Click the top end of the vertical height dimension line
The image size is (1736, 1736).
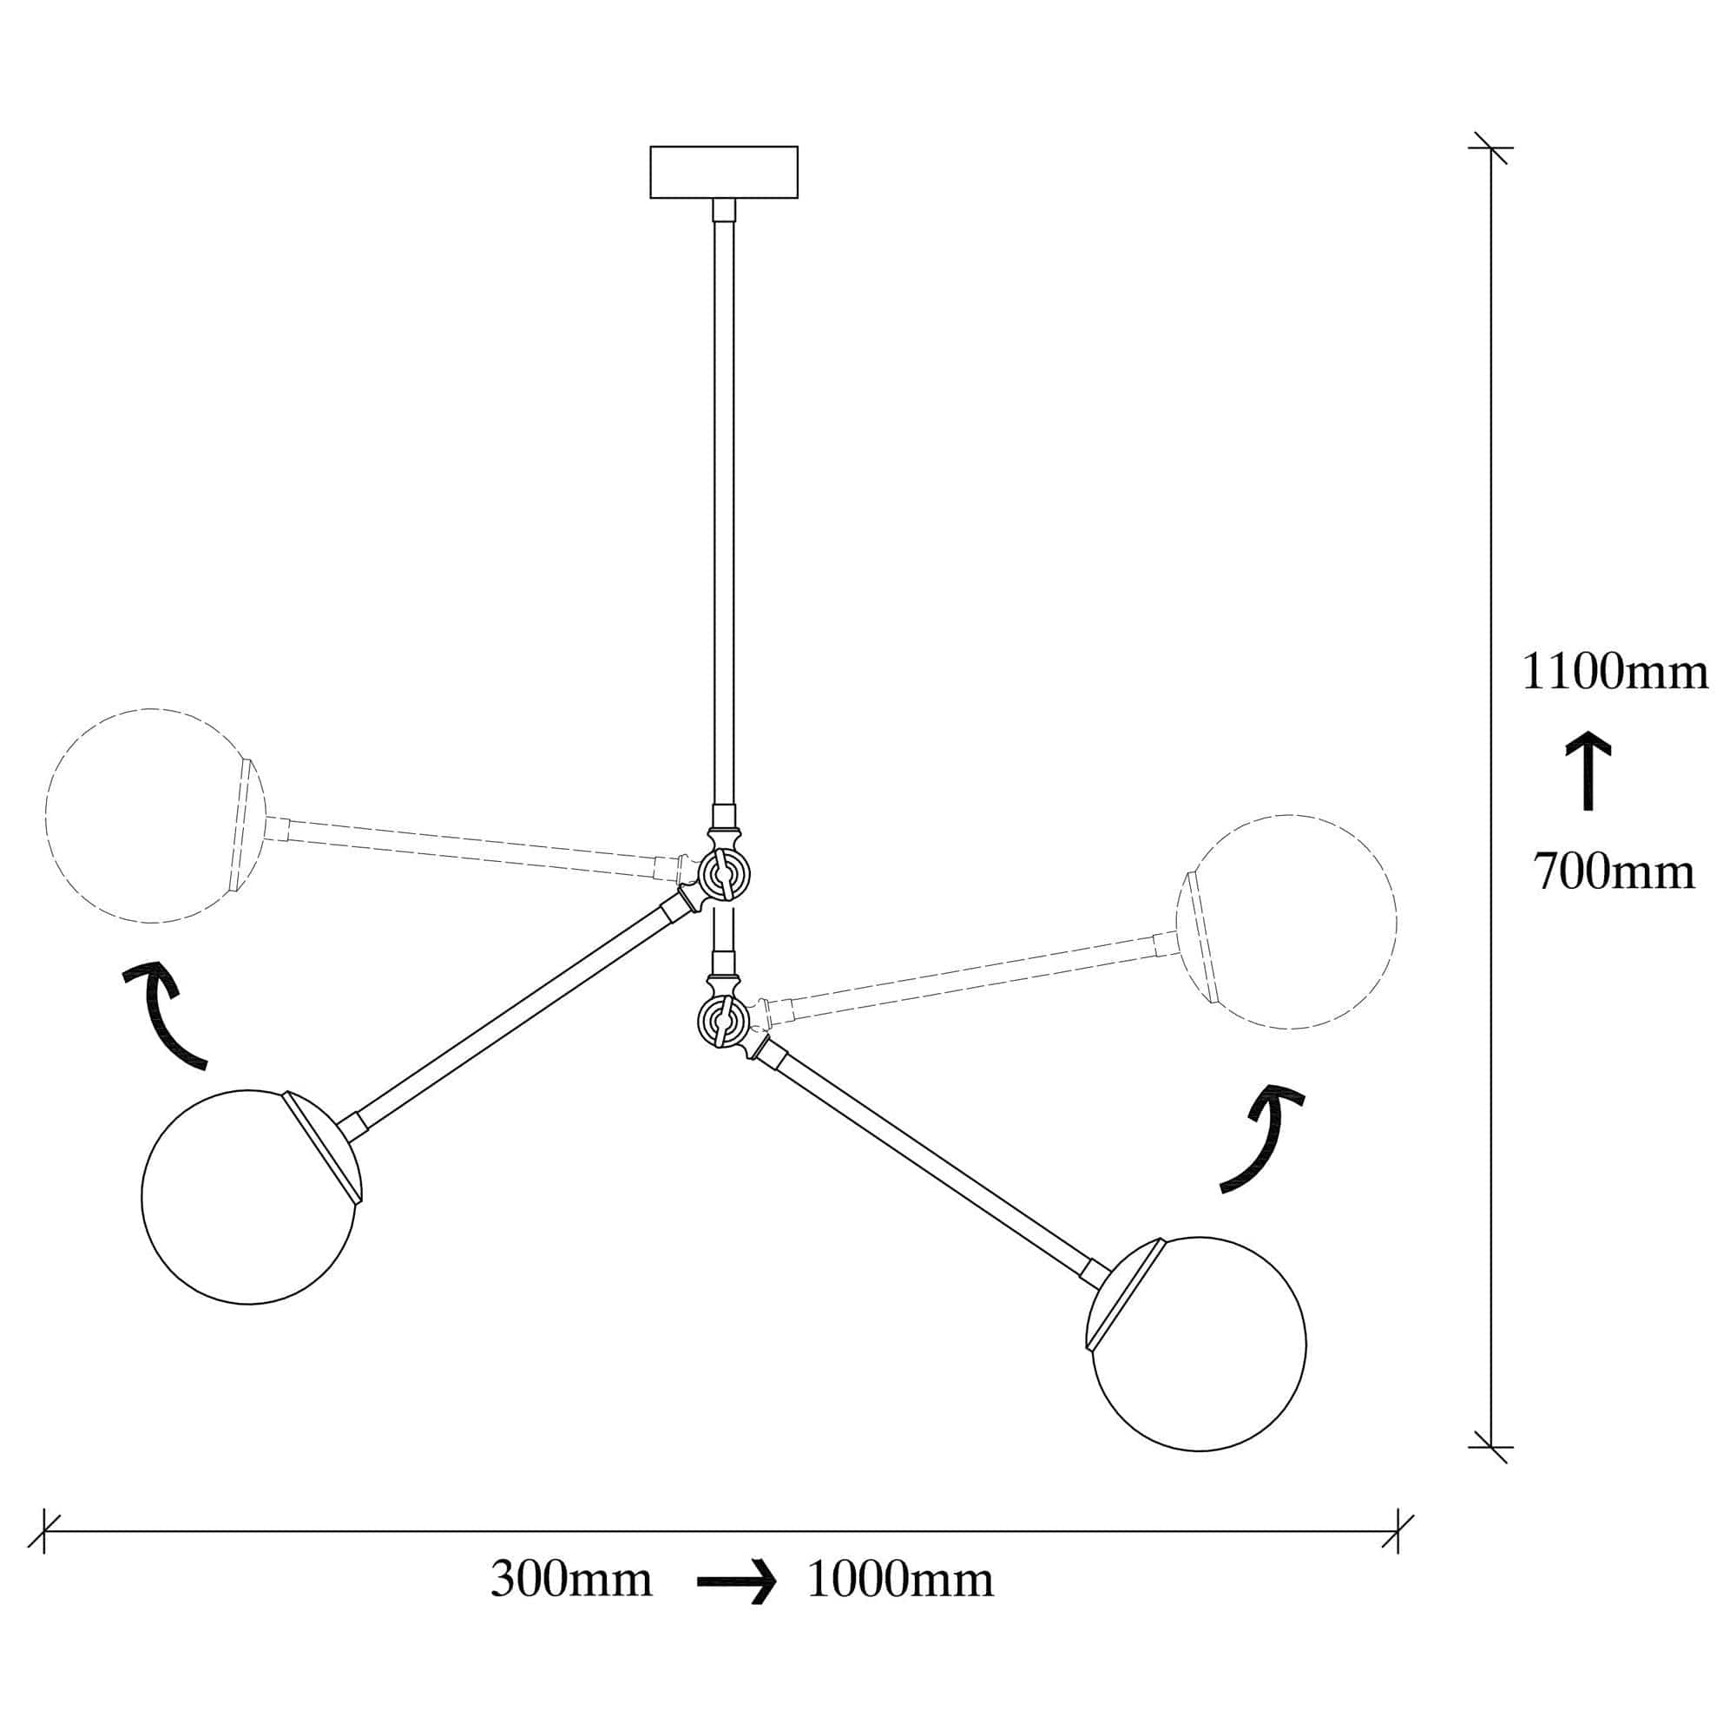tap(1491, 148)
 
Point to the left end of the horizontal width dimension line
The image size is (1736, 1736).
tap(44, 1531)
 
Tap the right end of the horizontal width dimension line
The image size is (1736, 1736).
tap(1398, 1531)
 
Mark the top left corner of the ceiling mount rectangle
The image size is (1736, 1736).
tap(650, 147)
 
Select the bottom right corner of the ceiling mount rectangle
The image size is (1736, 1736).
tap(798, 198)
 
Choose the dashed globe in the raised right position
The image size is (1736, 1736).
tap(1286, 922)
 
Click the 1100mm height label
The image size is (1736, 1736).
tap(1614, 672)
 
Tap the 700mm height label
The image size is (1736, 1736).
tap(1614, 871)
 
